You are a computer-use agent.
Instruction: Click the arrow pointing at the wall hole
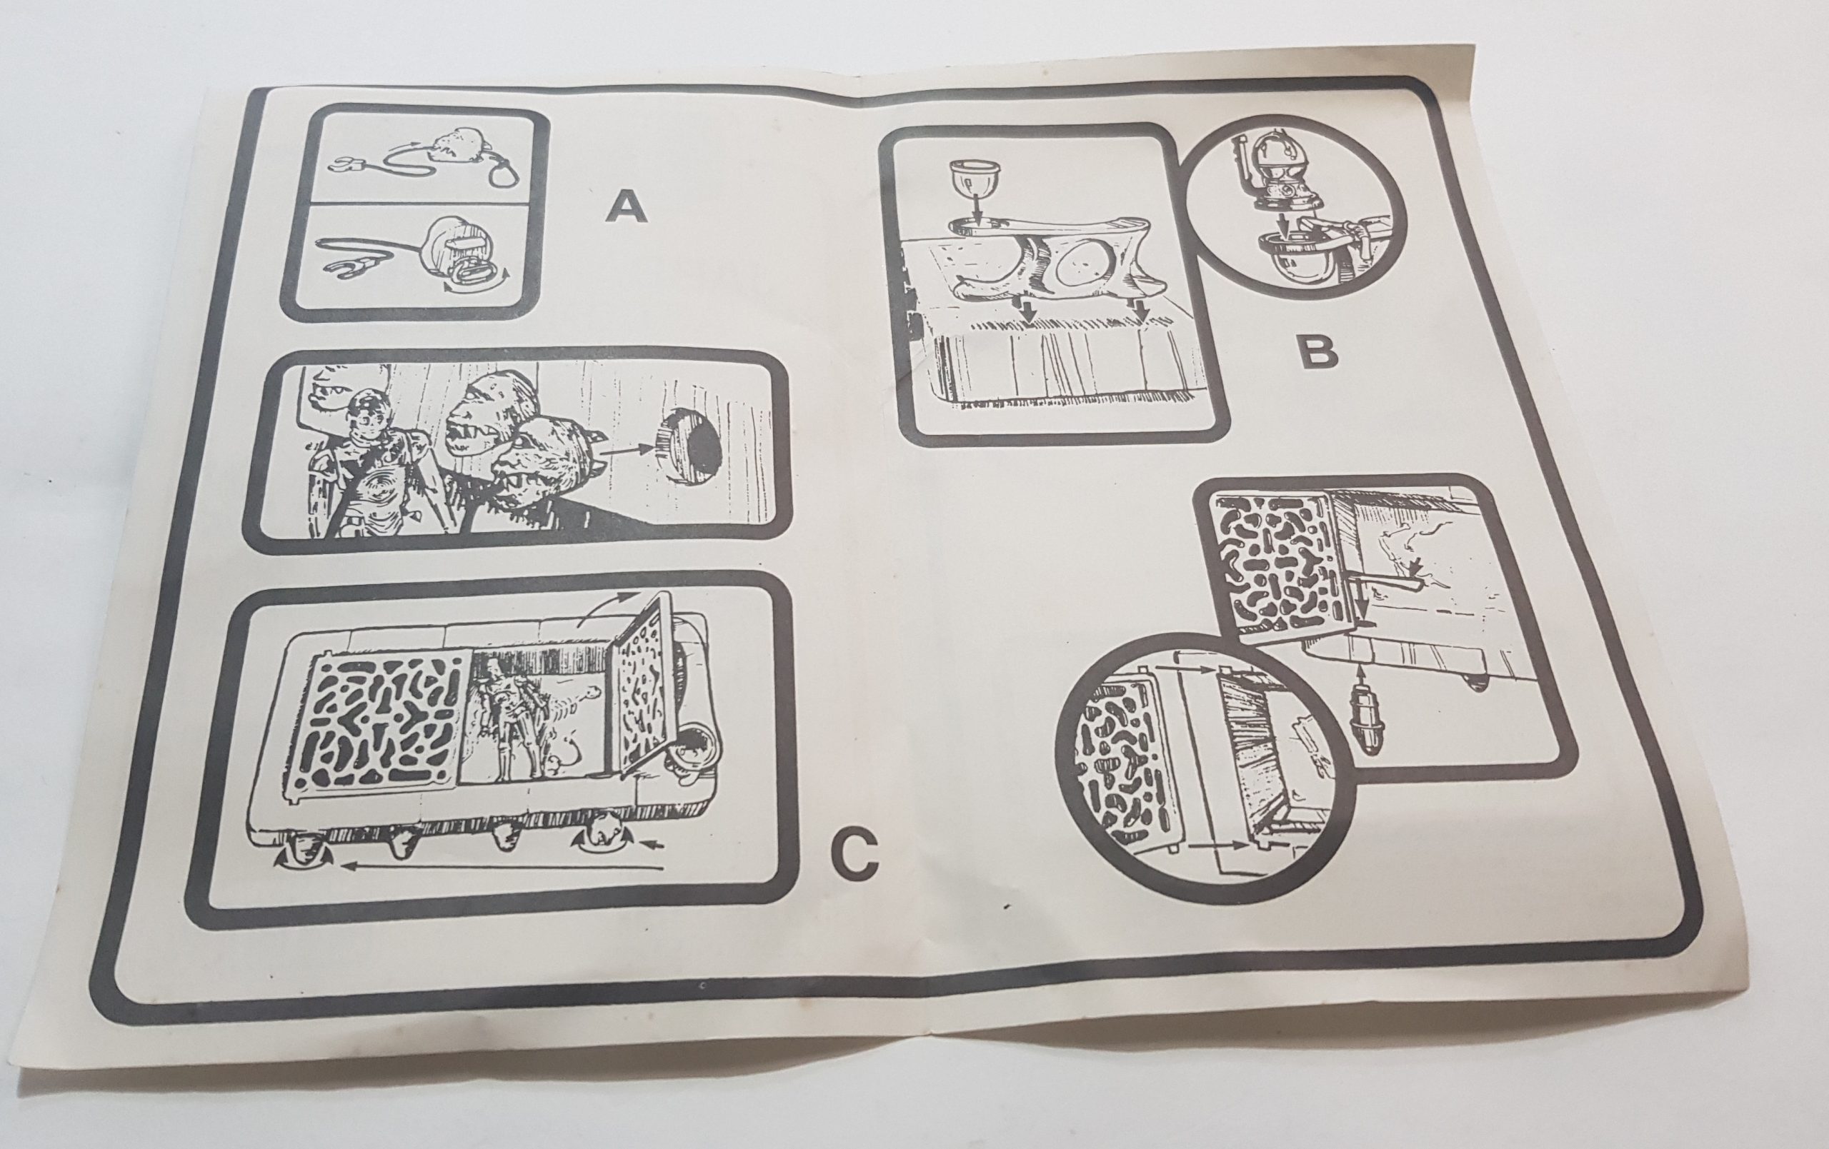click(x=624, y=452)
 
